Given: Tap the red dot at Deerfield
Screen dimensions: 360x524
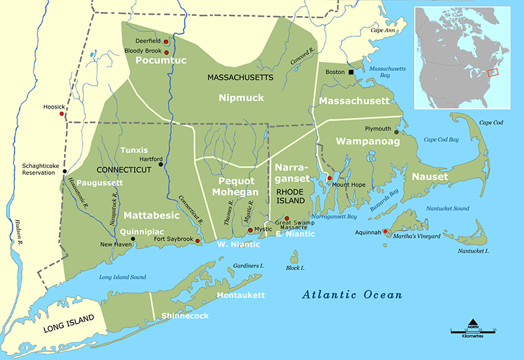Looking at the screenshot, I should click(x=166, y=41).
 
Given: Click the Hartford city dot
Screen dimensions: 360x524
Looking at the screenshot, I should click(x=161, y=164).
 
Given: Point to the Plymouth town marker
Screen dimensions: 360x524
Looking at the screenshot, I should click(x=397, y=131).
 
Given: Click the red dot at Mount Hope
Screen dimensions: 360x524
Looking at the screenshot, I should click(x=329, y=178).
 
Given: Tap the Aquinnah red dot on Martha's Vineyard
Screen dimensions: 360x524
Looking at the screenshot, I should click(x=385, y=231).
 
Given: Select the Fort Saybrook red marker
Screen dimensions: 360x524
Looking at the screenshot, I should click(x=197, y=240).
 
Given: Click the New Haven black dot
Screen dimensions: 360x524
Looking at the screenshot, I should click(x=133, y=239).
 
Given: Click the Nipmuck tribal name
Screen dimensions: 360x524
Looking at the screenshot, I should click(x=241, y=98).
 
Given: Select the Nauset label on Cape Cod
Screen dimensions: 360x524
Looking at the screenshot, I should click(x=430, y=177).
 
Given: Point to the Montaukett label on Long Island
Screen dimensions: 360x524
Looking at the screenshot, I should click(x=241, y=295).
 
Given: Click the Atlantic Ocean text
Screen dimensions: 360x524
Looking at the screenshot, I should click(x=352, y=295).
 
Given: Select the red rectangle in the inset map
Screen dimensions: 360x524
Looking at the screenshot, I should click(x=493, y=71).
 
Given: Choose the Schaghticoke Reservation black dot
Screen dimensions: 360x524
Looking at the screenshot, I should click(x=64, y=171).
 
